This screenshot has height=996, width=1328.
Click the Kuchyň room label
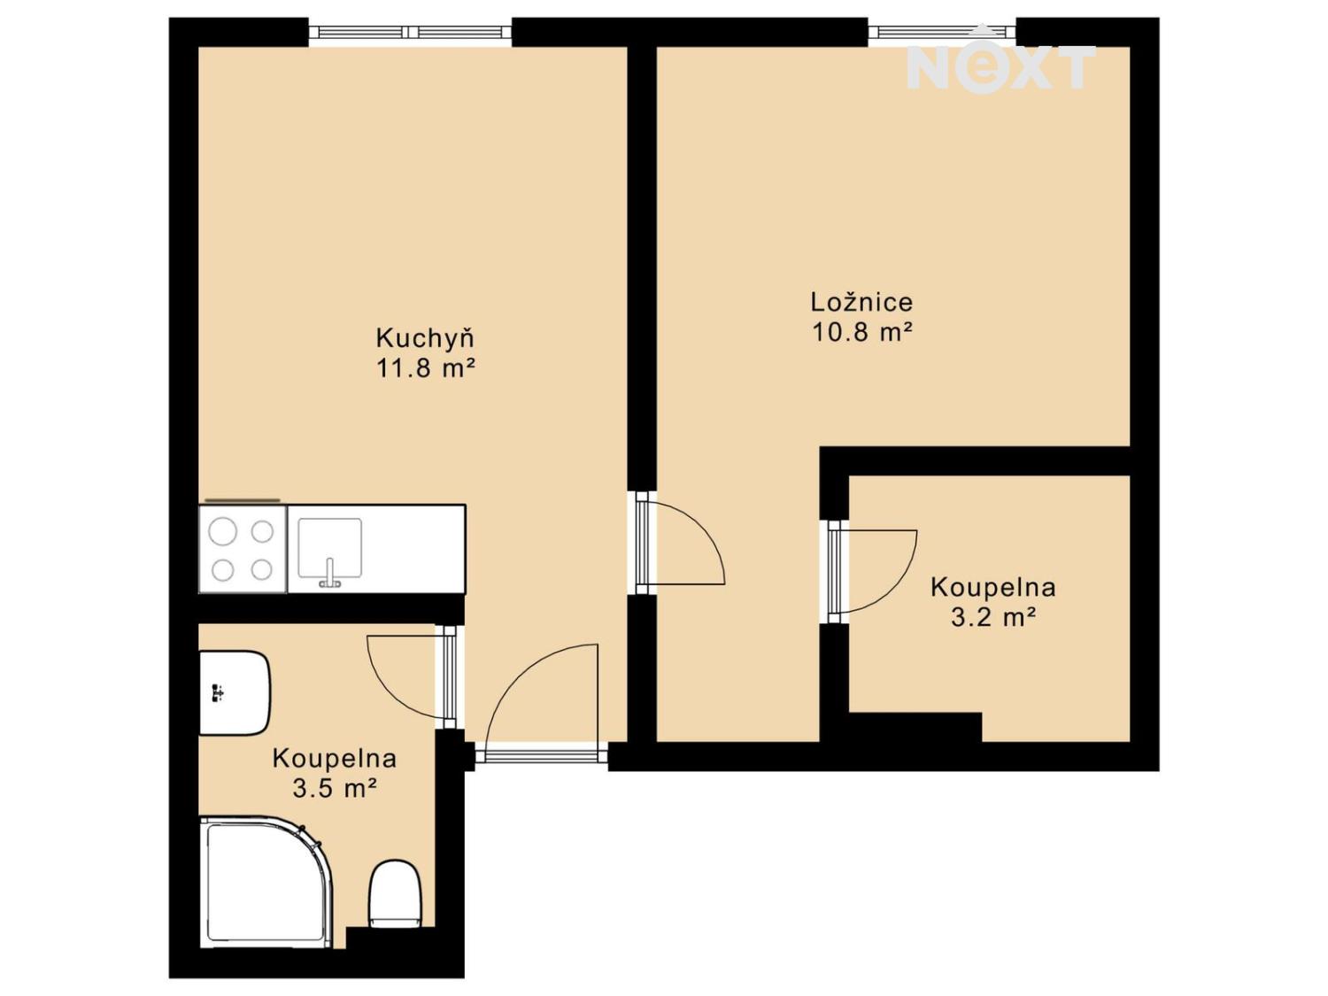click(426, 338)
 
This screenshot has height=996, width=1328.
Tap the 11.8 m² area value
click(426, 367)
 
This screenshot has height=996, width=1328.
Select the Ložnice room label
click(861, 302)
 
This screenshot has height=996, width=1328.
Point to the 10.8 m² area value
click(861, 332)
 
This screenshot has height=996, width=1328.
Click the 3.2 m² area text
click(993, 617)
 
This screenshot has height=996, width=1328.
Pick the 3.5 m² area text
click(335, 788)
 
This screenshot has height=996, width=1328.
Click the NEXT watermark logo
click(1000, 60)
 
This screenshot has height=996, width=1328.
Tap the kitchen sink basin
click(329, 547)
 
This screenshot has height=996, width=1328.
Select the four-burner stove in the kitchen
click(243, 550)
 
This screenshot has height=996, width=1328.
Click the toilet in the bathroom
click(394, 892)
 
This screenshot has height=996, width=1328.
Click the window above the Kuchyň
click(410, 33)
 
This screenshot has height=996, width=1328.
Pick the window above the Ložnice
click(941, 33)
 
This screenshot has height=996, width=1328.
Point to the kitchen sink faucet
click(329, 574)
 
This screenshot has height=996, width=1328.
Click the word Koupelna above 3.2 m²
click(992, 587)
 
